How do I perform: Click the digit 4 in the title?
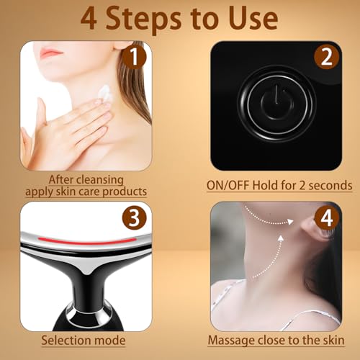click(89, 18)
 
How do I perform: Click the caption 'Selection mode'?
click(83, 340)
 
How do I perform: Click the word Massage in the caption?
click(230, 341)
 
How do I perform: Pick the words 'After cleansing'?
click(85, 179)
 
